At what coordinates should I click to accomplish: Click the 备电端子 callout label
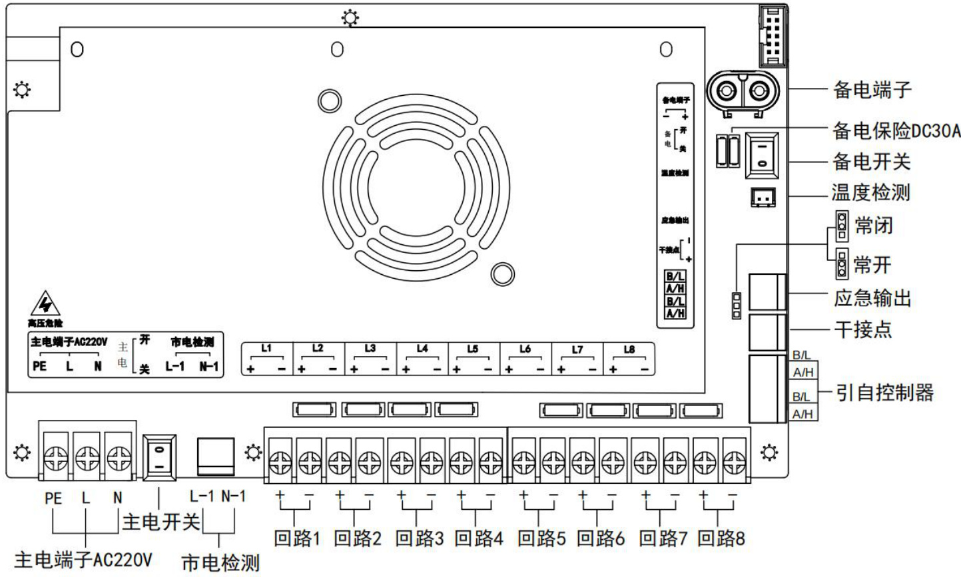(x=872, y=89)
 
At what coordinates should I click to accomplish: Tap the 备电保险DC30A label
(x=896, y=131)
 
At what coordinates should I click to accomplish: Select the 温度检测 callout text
(x=870, y=193)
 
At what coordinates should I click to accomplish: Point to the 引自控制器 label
(x=885, y=393)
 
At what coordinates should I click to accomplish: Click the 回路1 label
(x=297, y=538)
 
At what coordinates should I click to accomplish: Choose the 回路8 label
(x=721, y=538)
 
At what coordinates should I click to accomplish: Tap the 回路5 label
(x=541, y=538)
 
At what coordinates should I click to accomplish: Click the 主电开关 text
(x=160, y=522)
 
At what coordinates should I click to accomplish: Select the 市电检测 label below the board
(x=220, y=563)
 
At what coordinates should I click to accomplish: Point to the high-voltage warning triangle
(x=46, y=305)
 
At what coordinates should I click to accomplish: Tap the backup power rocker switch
(x=761, y=154)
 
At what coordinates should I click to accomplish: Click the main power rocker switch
(x=160, y=458)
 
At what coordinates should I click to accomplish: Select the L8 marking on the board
(x=629, y=349)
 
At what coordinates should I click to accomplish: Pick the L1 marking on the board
(x=266, y=348)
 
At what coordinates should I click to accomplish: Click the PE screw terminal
(x=55, y=458)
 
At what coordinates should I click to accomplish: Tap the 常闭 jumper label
(x=873, y=226)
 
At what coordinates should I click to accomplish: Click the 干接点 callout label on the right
(x=862, y=329)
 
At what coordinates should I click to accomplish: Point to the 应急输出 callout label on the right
(x=872, y=297)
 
